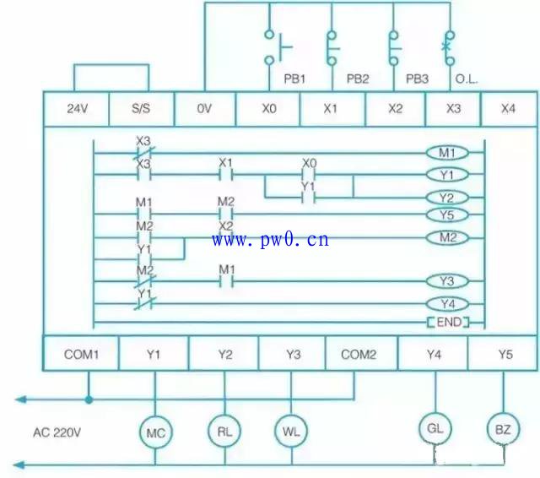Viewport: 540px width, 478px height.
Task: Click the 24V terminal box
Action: pyautogui.click(x=77, y=109)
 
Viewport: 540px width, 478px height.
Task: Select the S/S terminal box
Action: pyautogui.click(x=141, y=109)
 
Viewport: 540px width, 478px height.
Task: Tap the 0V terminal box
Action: pyautogui.click(x=205, y=109)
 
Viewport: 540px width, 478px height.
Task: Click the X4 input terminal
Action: pyautogui.click(x=509, y=109)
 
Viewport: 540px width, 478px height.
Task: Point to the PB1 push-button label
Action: pyautogui.click(x=294, y=79)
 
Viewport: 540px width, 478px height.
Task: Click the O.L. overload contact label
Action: pyautogui.click(x=467, y=79)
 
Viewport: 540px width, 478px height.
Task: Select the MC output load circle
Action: pyautogui.click(x=155, y=432)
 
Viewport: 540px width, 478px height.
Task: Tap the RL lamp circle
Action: pyautogui.click(x=224, y=431)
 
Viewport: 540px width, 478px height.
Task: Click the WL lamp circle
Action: pyautogui.click(x=291, y=431)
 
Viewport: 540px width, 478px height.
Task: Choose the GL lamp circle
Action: pyautogui.click(x=435, y=429)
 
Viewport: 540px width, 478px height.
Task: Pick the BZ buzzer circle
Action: pyautogui.click(x=503, y=429)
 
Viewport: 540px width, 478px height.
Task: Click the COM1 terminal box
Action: pyautogui.click(x=81, y=354)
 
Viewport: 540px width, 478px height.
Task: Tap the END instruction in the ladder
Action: pyautogui.click(x=448, y=323)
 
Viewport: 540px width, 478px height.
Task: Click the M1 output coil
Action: pyautogui.click(x=447, y=153)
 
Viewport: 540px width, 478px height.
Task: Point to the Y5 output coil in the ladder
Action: pyautogui.click(x=447, y=215)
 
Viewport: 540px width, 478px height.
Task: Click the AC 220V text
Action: pyautogui.click(x=57, y=432)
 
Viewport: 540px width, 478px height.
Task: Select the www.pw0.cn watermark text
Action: pyautogui.click(x=270, y=239)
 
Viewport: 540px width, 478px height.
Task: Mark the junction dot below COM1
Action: pyautogui.click(x=89, y=399)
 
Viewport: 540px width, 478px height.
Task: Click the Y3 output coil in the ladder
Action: pyautogui.click(x=447, y=281)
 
